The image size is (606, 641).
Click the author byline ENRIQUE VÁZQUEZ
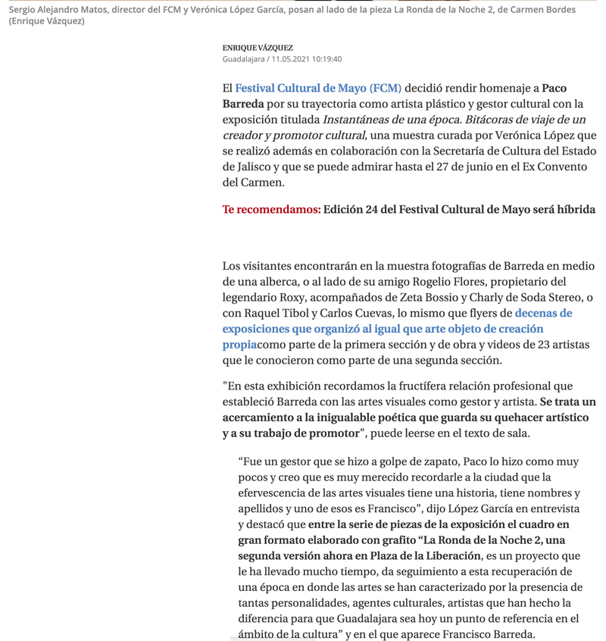pyautogui.click(x=258, y=48)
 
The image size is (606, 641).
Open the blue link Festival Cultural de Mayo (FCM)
pyautogui.click(x=318, y=89)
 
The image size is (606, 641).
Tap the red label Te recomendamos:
pyautogui.click(x=271, y=209)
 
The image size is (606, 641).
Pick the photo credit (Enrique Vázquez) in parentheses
pyautogui.click(x=46, y=21)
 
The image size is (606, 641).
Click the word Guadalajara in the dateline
pyautogui.click(x=243, y=59)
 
